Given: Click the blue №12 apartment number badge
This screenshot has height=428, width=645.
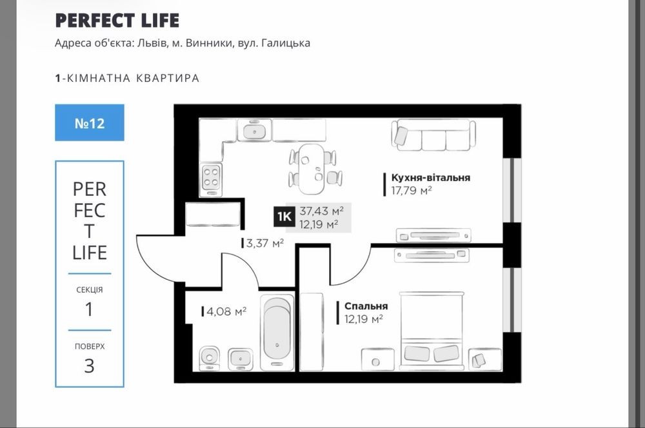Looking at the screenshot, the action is (x=90, y=122).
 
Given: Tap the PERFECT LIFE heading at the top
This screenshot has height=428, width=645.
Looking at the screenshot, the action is (x=117, y=21).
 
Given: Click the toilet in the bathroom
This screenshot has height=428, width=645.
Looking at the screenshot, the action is (x=210, y=358).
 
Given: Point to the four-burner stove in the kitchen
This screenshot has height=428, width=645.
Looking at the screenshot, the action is (x=212, y=178).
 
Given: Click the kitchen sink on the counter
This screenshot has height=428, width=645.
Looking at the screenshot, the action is (x=254, y=131).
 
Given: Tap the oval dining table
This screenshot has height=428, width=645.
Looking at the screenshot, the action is (x=310, y=169).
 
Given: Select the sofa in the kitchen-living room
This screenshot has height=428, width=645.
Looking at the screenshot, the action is (x=433, y=135).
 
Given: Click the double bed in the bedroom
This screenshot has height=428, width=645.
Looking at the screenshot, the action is (x=432, y=331).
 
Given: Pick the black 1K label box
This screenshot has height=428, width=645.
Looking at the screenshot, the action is (x=284, y=217).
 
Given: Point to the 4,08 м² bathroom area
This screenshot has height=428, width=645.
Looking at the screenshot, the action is (x=226, y=311).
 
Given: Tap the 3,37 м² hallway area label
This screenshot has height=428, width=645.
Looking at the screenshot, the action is (x=265, y=244).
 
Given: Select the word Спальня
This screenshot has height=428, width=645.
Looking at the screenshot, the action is (x=366, y=306).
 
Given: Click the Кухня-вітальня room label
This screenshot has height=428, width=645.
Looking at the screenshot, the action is (x=431, y=178).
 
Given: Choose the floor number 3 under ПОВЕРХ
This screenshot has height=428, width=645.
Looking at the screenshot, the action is (x=89, y=366).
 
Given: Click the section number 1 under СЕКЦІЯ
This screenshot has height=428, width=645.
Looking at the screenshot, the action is (x=89, y=309).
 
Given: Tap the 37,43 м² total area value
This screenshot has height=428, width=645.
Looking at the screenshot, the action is (x=322, y=211).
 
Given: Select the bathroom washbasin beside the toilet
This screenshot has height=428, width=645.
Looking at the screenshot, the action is (x=241, y=359).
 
